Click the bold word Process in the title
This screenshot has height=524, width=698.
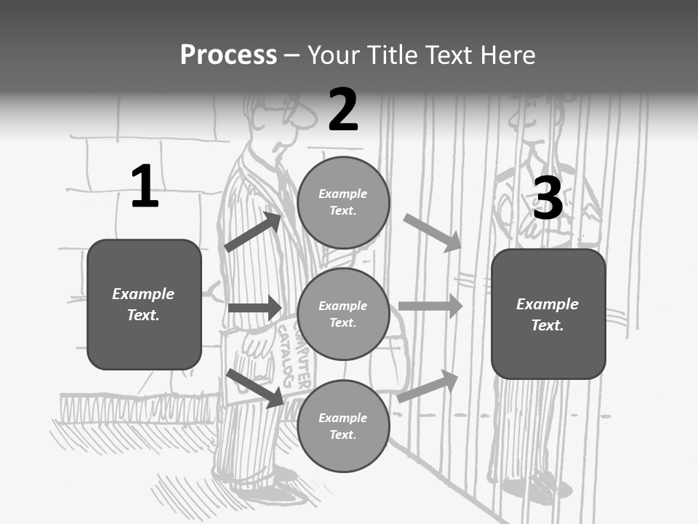[228, 55]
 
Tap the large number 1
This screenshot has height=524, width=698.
[145, 186]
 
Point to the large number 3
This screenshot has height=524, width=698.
[547, 198]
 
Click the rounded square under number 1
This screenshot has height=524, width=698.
[144, 304]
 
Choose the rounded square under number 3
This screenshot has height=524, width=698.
[548, 314]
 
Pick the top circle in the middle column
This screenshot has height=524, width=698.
[343, 202]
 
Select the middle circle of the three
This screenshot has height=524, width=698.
[343, 314]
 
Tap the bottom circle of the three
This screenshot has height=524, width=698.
[343, 426]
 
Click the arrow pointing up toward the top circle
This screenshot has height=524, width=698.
[253, 232]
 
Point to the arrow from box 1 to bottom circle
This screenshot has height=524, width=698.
[255, 388]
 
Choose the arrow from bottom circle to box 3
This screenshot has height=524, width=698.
[428, 386]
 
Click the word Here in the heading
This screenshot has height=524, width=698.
[507, 55]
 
